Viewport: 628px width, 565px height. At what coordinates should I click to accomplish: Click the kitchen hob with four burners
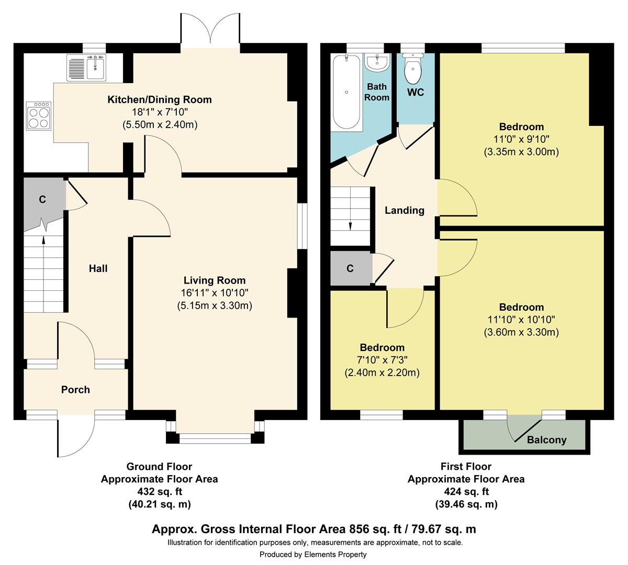pos(39,116)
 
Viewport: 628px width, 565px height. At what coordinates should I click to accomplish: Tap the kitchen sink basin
pos(95,67)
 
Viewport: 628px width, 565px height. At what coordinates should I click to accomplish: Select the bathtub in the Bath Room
pos(346,92)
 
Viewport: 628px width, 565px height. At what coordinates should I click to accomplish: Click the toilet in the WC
pos(412,69)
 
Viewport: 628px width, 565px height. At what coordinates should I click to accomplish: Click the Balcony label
pos(546,440)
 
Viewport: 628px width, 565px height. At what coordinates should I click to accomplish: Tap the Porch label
pos(75,389)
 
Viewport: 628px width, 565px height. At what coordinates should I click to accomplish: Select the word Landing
pos(405,210)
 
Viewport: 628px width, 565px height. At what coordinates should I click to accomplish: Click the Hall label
pos(98,268)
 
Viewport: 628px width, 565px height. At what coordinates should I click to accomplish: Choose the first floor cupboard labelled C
pos(351,268)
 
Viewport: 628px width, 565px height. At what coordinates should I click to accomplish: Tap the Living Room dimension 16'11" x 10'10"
pos(215,292)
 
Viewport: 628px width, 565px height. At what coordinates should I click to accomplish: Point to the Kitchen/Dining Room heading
pos(160,99)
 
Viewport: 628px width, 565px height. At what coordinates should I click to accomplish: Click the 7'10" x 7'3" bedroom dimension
pos(382,360)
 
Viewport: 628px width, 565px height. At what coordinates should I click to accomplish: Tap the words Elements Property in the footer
pos(335,555)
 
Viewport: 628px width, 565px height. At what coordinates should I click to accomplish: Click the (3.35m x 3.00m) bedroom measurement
pos(521,152)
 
